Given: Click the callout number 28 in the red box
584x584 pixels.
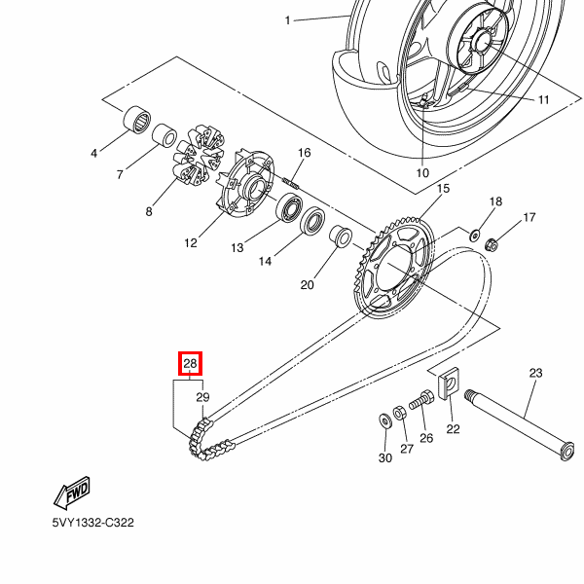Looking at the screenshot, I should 191,365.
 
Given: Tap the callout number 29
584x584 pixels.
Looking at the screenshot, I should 202,397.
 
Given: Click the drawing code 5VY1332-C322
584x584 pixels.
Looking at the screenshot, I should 93,523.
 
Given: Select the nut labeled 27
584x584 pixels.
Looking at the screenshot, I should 400,412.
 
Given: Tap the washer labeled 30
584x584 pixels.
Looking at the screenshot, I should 383,420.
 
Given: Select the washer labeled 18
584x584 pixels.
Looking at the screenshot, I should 475,235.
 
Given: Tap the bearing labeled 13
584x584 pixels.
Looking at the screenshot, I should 290,208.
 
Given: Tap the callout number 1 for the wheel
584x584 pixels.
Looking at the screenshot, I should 288,20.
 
